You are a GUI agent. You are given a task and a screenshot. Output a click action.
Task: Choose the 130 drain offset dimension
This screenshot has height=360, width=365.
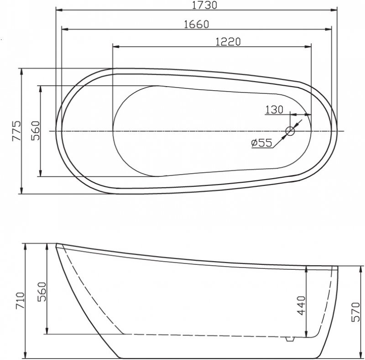pos(274,109)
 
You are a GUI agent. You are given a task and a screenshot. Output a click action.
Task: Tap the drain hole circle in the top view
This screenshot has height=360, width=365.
pos(290,131)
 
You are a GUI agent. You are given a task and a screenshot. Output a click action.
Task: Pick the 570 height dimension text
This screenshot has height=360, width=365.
pos(358,312)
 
